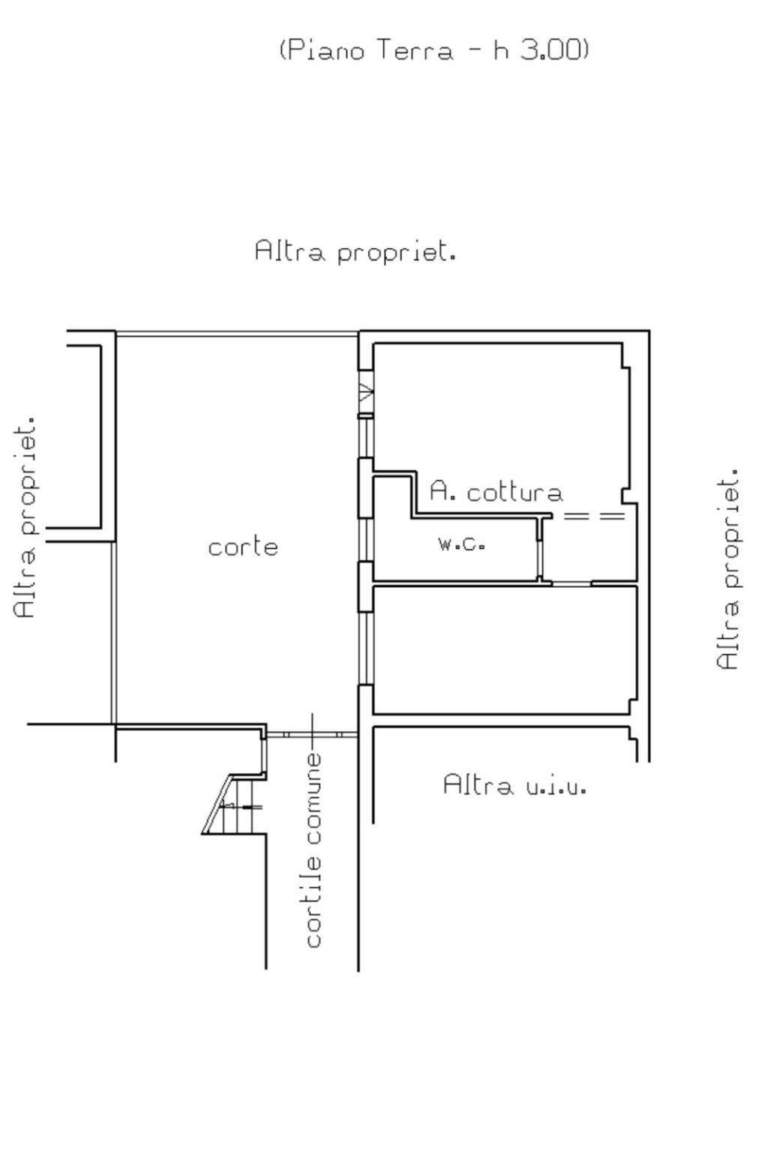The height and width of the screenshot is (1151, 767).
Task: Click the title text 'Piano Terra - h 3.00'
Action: point(434,51)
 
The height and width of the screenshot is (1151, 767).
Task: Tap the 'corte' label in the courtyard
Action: point(243,547)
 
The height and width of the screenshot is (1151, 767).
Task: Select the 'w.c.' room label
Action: point(462,544)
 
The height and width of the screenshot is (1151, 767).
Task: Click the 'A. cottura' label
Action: point(496,491)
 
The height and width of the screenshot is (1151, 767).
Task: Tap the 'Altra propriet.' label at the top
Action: point(355,251)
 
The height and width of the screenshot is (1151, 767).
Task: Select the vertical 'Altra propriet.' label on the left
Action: point(25,517)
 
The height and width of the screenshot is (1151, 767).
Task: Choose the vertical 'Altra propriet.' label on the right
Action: point(727,568)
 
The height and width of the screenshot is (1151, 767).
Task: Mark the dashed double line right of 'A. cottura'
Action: point(595,516)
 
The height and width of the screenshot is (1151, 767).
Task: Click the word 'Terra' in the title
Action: point(415,51)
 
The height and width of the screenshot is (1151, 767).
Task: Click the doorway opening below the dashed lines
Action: point(571,583)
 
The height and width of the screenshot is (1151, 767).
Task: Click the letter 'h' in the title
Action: point(502,51)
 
